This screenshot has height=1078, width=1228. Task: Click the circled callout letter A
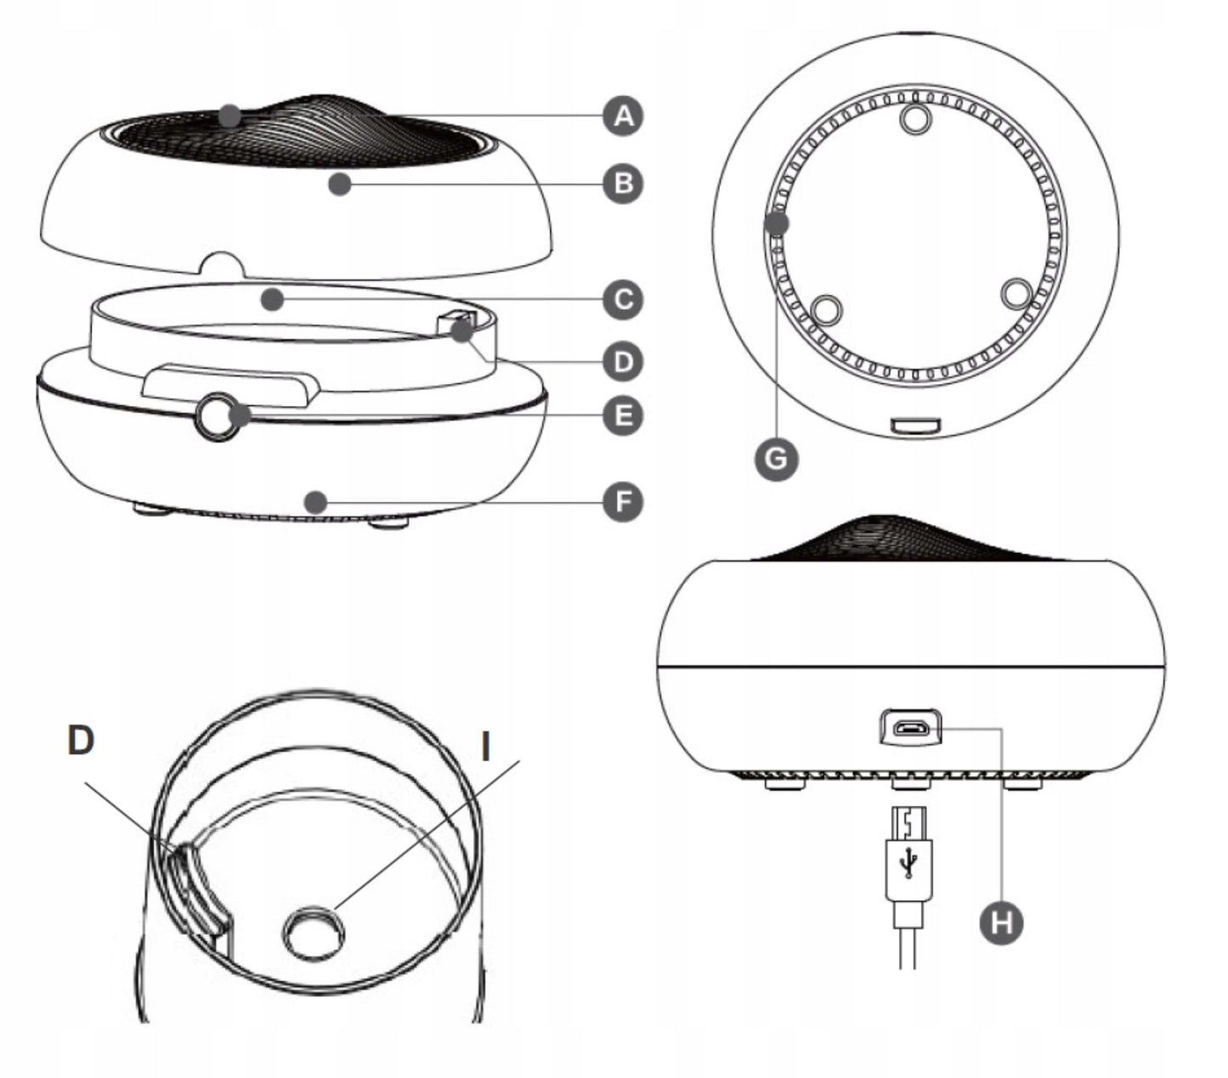pos(622,116)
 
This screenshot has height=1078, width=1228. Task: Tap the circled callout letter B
pos(622,183)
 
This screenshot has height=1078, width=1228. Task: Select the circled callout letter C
pos(622,299)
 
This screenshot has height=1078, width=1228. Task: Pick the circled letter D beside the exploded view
pos(622,362)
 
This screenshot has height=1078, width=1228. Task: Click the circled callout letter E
pos(622,415)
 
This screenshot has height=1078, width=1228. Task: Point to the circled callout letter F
pos(622,502)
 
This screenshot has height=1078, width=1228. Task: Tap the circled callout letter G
pos(776,459)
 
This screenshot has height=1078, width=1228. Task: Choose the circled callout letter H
pos(1001,923)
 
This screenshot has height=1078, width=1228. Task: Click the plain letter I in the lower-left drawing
pos(485,747)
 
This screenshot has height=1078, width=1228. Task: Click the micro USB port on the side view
pos(910,727)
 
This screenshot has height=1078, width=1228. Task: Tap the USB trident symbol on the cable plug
pos(908,862)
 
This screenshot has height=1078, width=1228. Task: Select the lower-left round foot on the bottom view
pos(826,309)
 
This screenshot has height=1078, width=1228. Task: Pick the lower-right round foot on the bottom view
pos(1016,293)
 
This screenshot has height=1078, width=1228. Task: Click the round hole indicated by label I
pos(314,933)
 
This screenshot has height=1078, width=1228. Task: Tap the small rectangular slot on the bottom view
pos(914,425)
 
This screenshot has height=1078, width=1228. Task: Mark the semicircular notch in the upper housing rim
pos(223,265)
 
